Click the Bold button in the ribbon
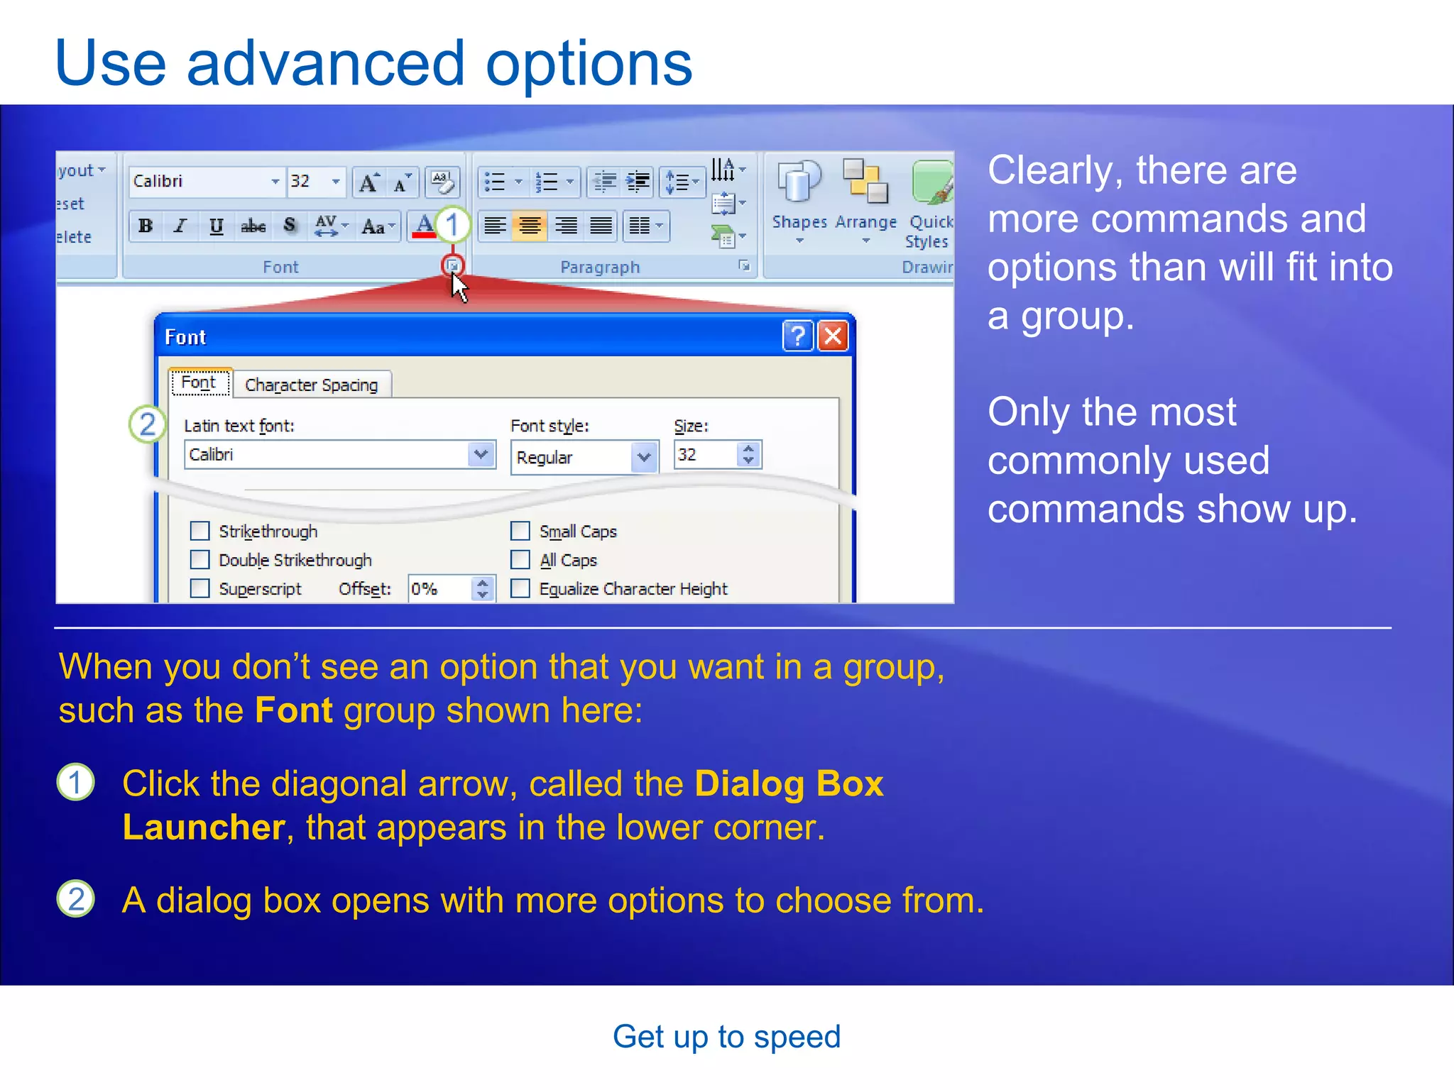click(146, 226)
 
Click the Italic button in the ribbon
click(180, 226)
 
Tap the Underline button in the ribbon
click(216, 226)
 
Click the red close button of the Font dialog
click(833, 336)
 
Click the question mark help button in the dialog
click(798, 336)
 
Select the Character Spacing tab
click(311, 385)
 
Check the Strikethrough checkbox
click(200, 531)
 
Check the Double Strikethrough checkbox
click(200, 560)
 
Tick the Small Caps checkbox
click(520, 531)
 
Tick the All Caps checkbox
click(520, 560)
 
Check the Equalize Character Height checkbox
click(520, 588)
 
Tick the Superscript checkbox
click(200, 588)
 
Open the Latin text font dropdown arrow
click(481, 454)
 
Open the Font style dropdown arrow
click(643, 457)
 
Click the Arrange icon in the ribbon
click(865, 183)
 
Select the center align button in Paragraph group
click(530, 226)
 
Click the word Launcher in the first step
click(204, 827)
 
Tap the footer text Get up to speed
click(726, 1037)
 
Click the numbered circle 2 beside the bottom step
click(76, 899)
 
